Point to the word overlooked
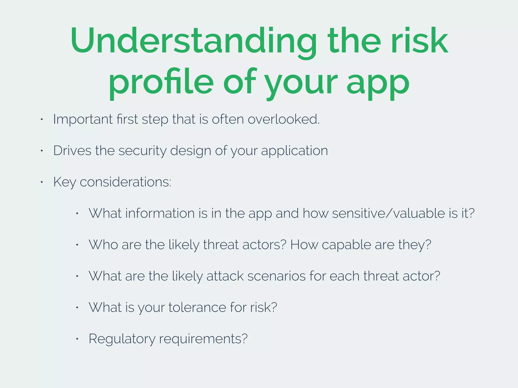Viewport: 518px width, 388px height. point(283,119)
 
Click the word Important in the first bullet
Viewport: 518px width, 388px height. point(83,120)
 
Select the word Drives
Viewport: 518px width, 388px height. point(72,151)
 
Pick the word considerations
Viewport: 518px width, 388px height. point(125,182)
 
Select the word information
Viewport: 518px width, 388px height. point(160,213)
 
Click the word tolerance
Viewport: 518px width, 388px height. point(197,307)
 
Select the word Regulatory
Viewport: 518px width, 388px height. point(122,339)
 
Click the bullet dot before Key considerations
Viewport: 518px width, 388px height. point(42,182)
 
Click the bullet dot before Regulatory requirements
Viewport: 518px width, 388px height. point(77,339)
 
